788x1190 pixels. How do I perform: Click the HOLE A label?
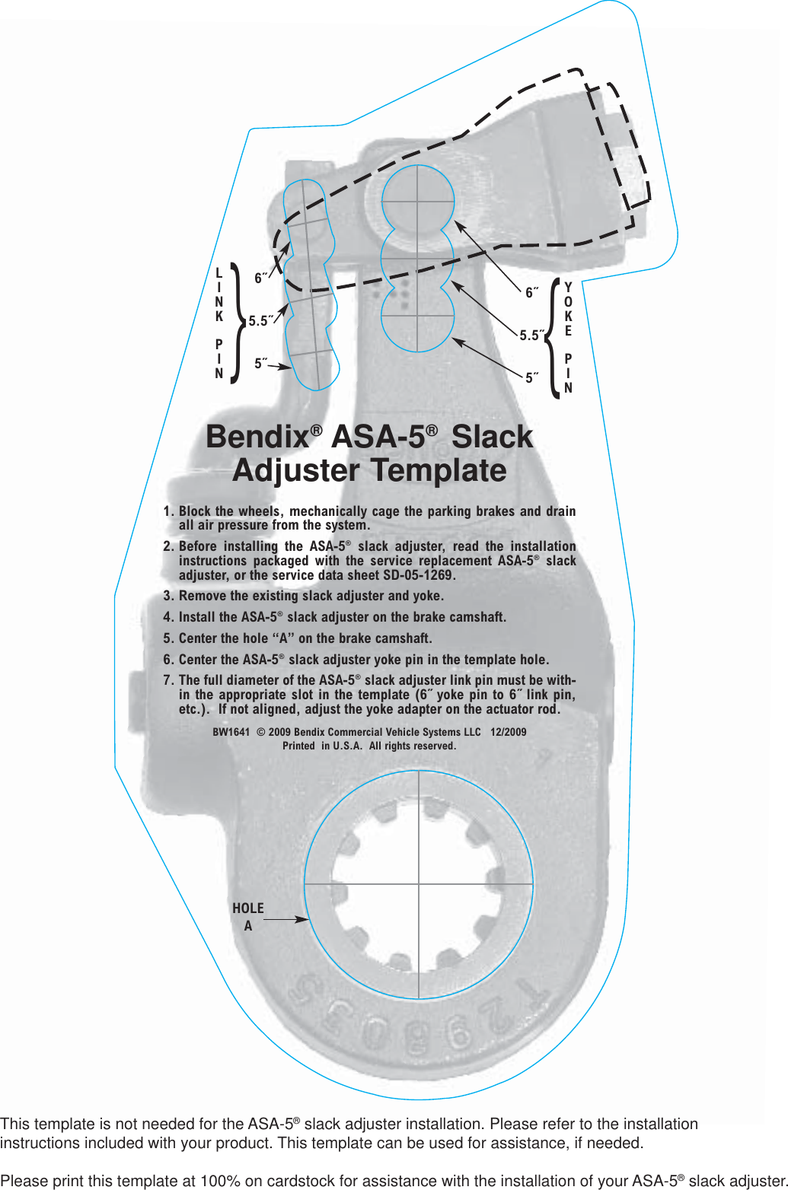point(248,917)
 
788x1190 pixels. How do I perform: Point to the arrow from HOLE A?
point(286,919)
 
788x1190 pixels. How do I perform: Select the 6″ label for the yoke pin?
point(531,292)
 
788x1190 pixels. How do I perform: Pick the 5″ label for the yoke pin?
point(531,377)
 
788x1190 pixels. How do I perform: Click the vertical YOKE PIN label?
point(568,337)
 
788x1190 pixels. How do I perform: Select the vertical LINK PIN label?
point(219,323)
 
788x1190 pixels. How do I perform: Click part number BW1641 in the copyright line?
point(231,732)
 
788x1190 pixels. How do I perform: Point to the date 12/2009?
point(508,732)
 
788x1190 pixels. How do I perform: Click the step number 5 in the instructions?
point(167,638)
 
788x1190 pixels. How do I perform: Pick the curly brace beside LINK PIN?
point(237,323)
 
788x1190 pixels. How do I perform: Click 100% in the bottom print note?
point(220,1181)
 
